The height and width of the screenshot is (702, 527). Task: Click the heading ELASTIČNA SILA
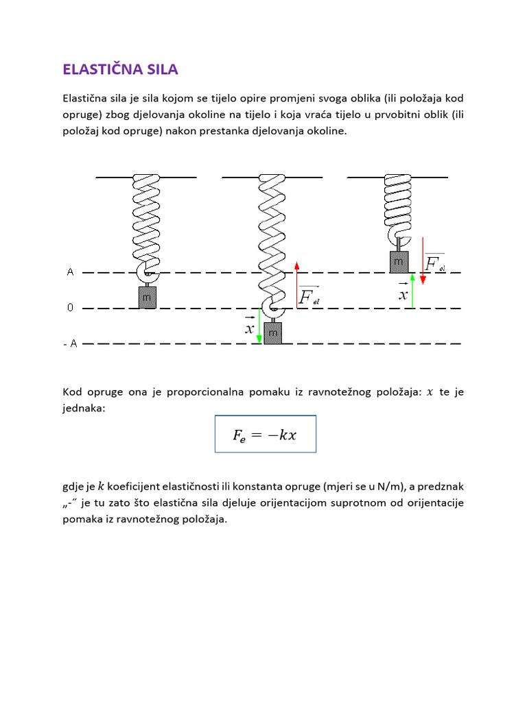[121, 69]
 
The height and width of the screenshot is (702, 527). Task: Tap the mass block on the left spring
[148, 297]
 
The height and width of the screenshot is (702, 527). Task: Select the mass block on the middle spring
[273, 333]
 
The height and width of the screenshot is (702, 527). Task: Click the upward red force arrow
[296, 285]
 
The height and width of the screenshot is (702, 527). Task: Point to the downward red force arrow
[423, 261]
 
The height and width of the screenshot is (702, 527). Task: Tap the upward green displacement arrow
[412, 291]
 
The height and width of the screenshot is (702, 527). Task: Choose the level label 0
[70, 308]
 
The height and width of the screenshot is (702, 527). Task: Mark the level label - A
[70, 343]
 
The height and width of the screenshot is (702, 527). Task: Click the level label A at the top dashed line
[70, 272]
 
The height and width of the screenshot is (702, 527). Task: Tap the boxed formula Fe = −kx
[265, 434]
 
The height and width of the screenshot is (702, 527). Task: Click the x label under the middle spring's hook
[249, 328]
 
